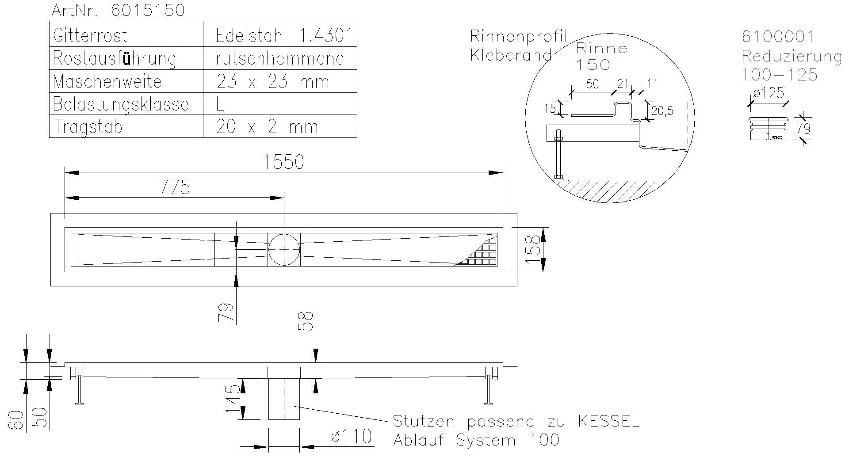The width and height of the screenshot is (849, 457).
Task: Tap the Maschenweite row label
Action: (107, 82)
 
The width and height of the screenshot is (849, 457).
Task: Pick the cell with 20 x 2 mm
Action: (267, 127)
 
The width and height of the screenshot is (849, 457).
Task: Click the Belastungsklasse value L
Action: (220, 104)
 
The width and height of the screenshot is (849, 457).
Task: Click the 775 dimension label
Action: (175, 187)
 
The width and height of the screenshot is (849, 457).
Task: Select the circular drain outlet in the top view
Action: (284, 249)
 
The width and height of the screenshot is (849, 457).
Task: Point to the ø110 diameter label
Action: (351, 437)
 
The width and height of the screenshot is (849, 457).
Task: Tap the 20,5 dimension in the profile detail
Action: (662, 111)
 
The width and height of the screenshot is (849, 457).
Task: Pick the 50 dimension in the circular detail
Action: (592, 84)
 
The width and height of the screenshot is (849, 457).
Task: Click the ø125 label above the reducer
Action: (769, 93)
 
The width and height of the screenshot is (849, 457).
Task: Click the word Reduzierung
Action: (792, 56)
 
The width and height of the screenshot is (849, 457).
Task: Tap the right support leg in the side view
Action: (489, 389)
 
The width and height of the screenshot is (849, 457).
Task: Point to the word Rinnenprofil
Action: (518, 36)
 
